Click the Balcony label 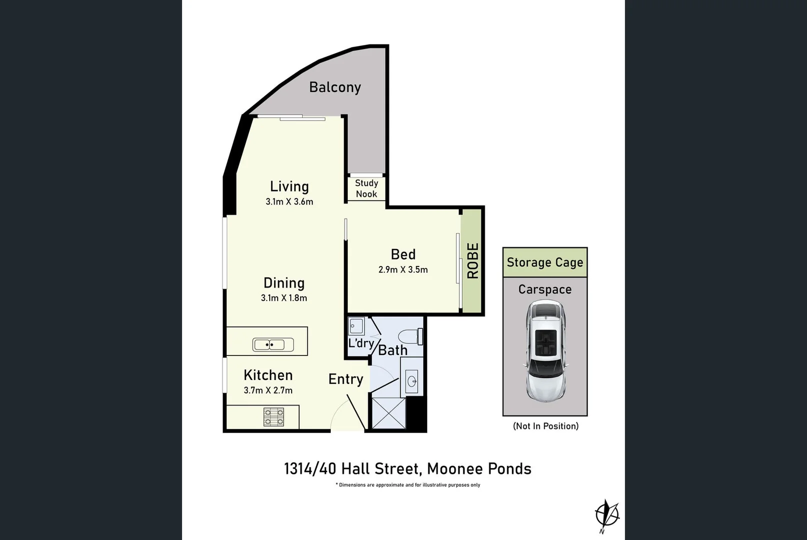(x=335, y=87)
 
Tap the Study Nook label (x=366, y=188)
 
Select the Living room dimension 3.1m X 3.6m (x=289, y=201)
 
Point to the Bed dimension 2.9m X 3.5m (x=403, y=269)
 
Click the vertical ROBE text (x=473, y=260)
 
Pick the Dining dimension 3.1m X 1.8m (x=284, y=297)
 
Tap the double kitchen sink (x=273, y=345)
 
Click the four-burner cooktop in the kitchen (x=274, y=417)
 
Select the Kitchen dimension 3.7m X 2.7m (x=268, y=390)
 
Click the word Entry (x=346, y=379)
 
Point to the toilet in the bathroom (x=412, y=336)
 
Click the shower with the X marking (x=389, y=413)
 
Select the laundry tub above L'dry (x=356, y=326)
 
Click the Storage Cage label (x=545, y=262)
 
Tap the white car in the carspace (x=545, y=351)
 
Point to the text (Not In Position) (x=546, y=426)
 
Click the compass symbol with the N (x=607, y=515)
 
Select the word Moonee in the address (x=454, y=468)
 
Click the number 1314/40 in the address (x=310, y=468)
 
